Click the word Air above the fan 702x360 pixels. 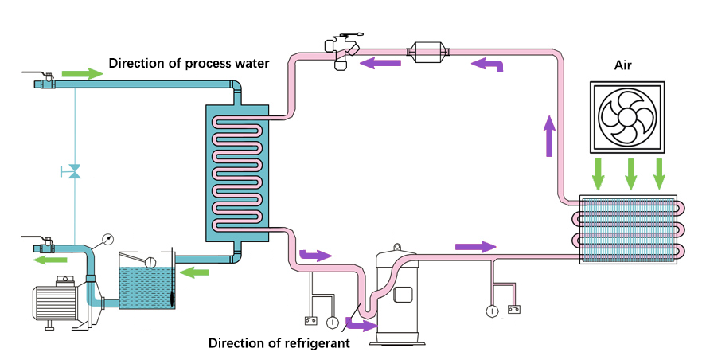coord(622,65)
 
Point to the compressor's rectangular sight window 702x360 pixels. coord(403,295)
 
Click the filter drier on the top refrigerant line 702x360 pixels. coord(427,53)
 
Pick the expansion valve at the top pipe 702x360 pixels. coord(342,51)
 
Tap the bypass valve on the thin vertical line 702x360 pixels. coord(74,171)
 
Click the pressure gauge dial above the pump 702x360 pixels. coord(108,240)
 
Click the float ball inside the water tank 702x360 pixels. coord(150,262)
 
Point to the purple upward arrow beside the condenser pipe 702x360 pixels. coord(549,136)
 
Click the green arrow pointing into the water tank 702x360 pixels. coord(194,272)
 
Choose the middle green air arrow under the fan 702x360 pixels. coord(630,174)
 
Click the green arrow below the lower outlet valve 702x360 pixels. coord(51,260)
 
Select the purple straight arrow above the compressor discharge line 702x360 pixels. coord(476,246)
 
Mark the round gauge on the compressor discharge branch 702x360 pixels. coord(492,311)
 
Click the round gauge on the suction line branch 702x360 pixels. coord(332,322)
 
